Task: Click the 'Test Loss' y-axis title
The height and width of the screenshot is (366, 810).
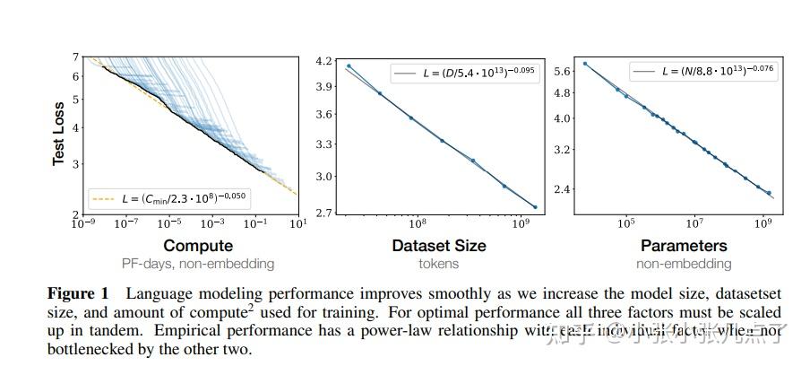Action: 59,132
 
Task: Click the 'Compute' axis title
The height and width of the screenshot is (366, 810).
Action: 198,246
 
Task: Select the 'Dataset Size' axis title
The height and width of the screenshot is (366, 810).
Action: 439,246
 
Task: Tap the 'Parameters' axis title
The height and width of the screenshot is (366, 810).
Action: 684,246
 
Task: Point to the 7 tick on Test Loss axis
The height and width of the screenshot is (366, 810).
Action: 78,57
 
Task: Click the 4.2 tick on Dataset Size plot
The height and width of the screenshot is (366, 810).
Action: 324,61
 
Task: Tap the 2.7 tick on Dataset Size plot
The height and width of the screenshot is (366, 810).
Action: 324,213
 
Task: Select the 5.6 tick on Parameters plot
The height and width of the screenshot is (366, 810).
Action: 563,71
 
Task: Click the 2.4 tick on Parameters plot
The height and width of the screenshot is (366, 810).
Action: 563,189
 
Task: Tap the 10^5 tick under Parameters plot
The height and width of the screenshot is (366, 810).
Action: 625,223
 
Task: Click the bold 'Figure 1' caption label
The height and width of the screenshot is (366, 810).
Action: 82,294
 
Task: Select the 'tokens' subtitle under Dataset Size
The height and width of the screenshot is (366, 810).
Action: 439,264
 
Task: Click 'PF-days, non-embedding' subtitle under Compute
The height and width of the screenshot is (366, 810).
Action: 198,264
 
